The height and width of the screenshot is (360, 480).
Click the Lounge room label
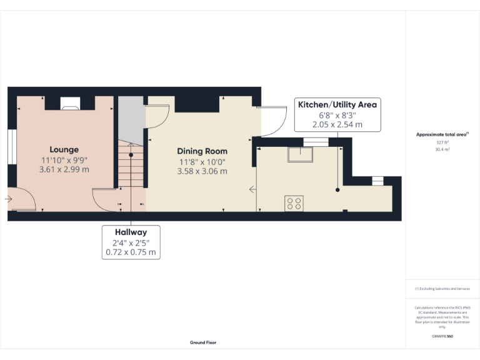(64, 149)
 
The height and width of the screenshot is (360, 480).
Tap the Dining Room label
(202, 151)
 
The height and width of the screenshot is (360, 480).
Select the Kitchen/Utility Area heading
(337, 104)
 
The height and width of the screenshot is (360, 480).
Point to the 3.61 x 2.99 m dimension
(64, 169)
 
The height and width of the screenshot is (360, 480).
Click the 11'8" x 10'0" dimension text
(202, 161)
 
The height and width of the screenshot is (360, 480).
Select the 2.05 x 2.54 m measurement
(337, 125)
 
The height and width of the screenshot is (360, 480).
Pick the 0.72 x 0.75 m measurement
(131, 253)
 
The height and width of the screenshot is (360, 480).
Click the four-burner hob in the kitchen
(294, 203)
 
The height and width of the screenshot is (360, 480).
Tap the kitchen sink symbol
(301, 154)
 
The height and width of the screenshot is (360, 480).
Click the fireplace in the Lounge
(70, 103)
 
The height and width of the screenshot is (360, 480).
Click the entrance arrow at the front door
(8, 199)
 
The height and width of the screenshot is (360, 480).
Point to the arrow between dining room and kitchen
(252, 189)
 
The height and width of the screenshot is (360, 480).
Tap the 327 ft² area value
(442, 142)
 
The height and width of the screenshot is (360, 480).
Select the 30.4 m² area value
(442, 149)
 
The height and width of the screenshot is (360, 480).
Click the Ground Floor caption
(203, 342)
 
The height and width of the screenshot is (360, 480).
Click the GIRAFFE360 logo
(442, 336)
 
